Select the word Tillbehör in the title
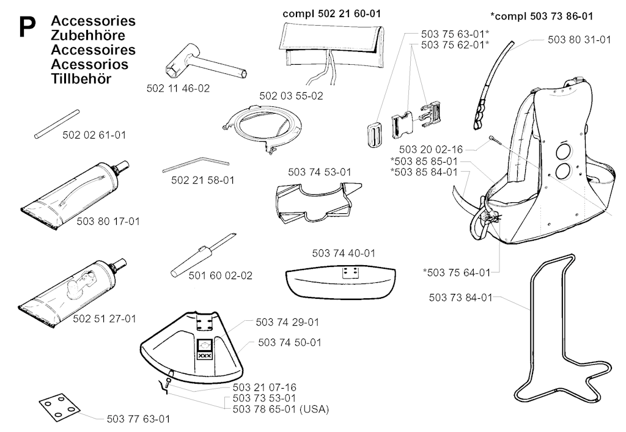[x=82, y=78]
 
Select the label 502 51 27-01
[x=105, y=318]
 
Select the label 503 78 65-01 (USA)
[x=281, y=409]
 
